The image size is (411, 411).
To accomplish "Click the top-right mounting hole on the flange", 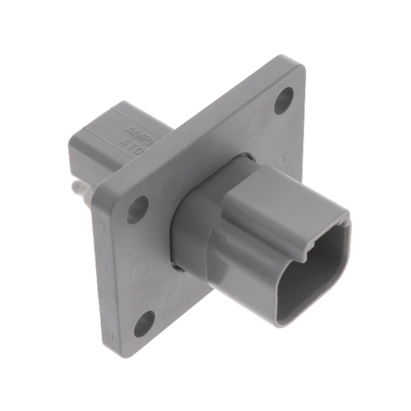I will point(283,101).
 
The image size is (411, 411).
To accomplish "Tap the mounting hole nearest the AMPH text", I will point(137,209).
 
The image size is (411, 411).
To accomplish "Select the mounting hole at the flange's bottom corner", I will point(144,323).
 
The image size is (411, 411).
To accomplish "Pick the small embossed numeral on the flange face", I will point(284,155).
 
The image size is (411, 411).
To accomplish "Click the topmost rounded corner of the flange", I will point(292,61).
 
